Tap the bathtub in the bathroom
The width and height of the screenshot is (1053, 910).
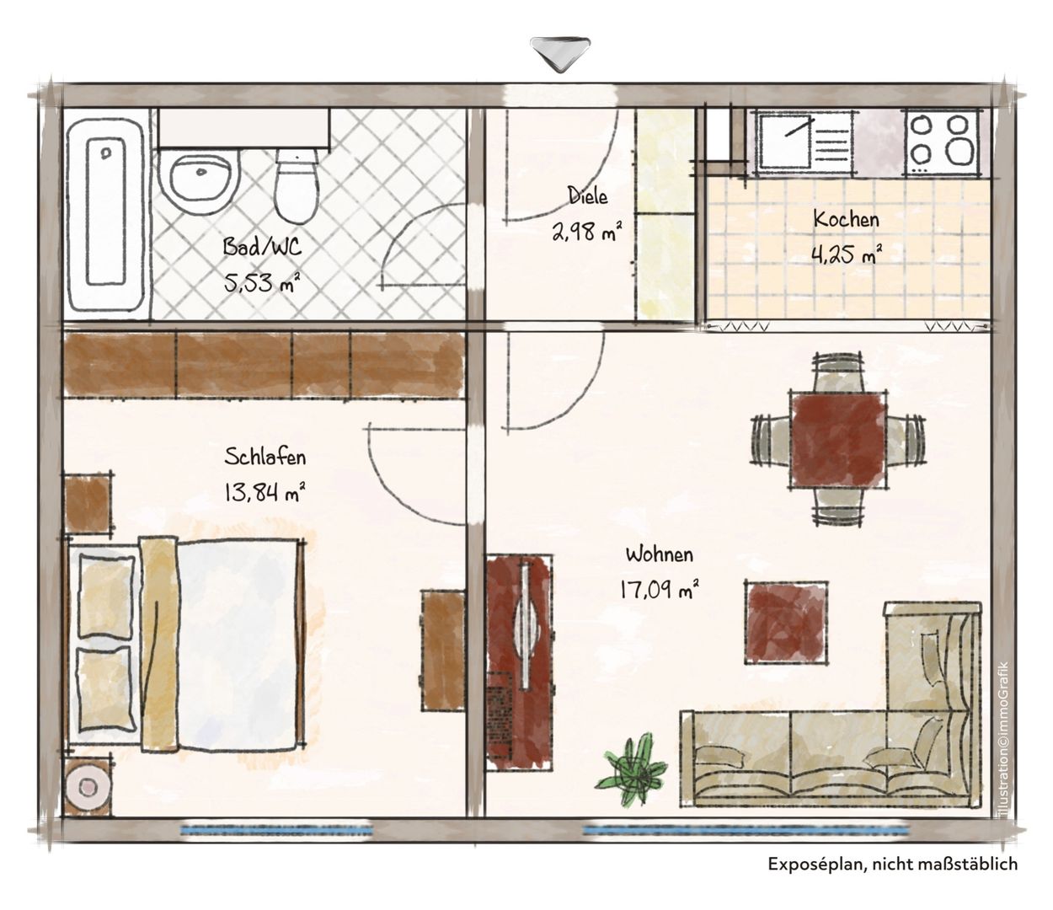(x=107, y=214)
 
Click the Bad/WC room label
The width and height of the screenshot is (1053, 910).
(x=262, y=247)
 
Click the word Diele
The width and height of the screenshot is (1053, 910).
(x=587, y=195)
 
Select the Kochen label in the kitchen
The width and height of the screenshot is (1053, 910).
(x=846, y=219)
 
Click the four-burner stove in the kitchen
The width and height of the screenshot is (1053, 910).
(x=940, y=142)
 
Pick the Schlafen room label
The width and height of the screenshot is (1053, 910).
(x=265, y=457)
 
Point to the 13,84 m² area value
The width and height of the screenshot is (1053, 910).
(x=265, y=493)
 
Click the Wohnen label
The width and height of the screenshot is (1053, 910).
(x=660, y=554)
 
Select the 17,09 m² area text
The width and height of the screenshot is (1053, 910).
(x=659, y=590)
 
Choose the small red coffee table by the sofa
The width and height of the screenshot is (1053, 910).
(x=786, y=622)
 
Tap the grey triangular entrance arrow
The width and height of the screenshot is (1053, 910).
(x=559, y=53)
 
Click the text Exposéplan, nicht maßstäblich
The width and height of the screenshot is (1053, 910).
(x=893, y=864)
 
